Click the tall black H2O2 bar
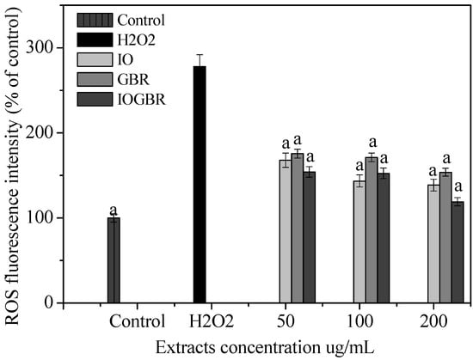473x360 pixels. [x=200, y=184]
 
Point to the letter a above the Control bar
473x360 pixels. [x=114, y=209]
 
